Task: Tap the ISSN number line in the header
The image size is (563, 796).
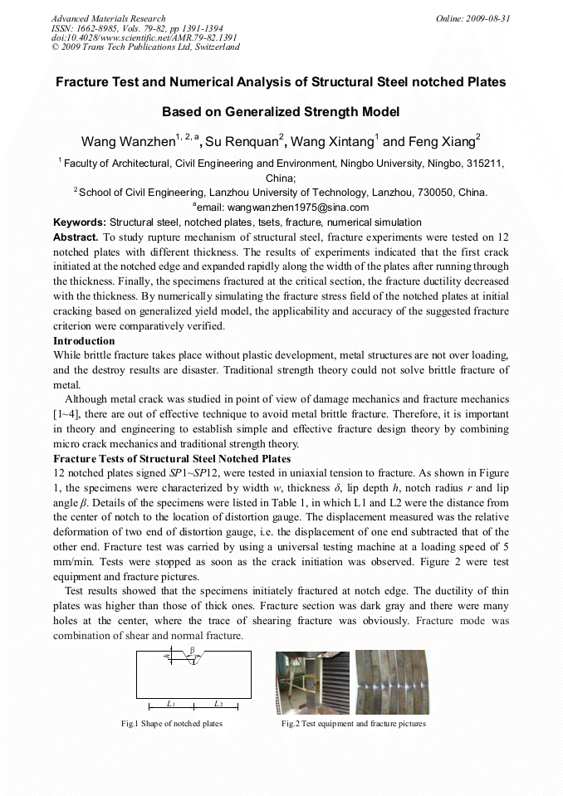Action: click(x=136, y=28)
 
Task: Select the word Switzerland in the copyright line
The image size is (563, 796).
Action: click(x=218, y=47)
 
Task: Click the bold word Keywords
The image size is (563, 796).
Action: click(x=80, y=222)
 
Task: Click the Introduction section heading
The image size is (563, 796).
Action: click(x=84, y=341)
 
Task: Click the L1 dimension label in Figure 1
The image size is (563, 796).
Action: click(x=170, y=703)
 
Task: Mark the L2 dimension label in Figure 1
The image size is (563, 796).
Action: click(x=218, y=703)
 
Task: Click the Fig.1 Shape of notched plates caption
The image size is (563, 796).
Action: click(x=172, y=724)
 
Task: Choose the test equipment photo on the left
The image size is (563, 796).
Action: click(x=313, y=682)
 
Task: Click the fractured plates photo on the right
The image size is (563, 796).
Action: click(x=391, y=682)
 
